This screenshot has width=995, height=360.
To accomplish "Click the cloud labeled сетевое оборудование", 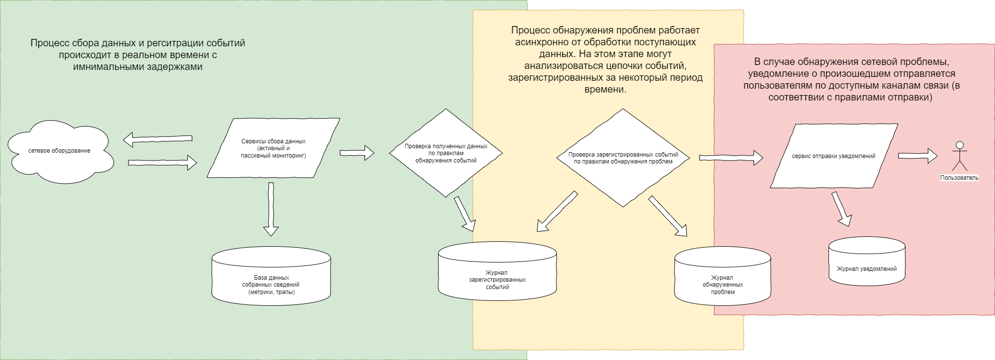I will pyautogui.click(x=60, y=151).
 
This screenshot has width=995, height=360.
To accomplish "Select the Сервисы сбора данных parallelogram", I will pyautogui.click(x=273, y=148).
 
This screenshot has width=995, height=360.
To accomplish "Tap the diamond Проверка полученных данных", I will pyautogui.click(x=446, y=153).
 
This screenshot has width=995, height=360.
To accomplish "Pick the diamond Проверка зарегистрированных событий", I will pyautogui.click(x=623, y=158).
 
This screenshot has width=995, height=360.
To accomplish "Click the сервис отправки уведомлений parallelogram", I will pyautogui.click(x=834, y=156).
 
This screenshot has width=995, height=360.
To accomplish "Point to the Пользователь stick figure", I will pyautogui.click(x=959, y=156).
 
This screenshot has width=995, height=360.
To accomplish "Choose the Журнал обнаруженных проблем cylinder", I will pyautogui.click(x=722, y=276).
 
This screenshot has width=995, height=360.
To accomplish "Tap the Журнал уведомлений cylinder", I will pyautogui.click(x=867, y=261).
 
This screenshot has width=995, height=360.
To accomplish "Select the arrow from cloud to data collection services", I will pyautogui.click(x=162, y=162).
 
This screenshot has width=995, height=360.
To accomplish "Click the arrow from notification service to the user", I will pyautogui.click(x=917, y=156).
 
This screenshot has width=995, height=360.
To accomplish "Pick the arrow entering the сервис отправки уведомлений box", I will pyautogui.click(x=731, y=158).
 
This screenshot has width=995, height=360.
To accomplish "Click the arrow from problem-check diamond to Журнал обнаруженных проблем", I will pyautogui.click(x=668, y=216).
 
